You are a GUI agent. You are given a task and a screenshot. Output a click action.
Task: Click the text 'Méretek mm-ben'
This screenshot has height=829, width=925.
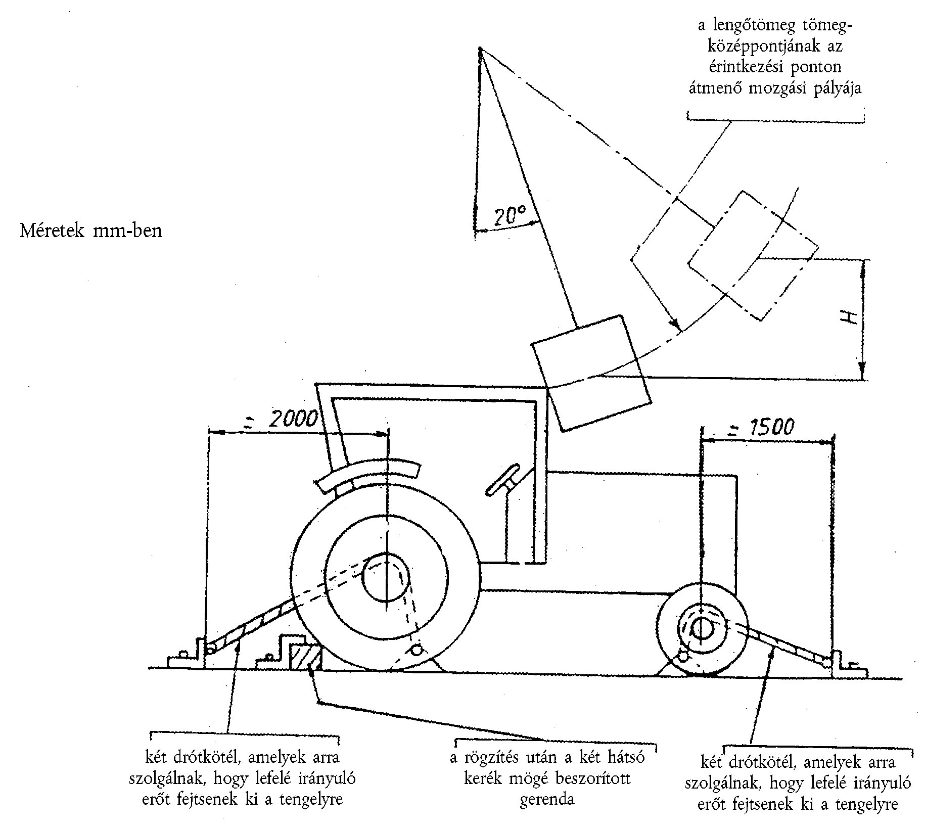pyautogui.click(x=91, y=231)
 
